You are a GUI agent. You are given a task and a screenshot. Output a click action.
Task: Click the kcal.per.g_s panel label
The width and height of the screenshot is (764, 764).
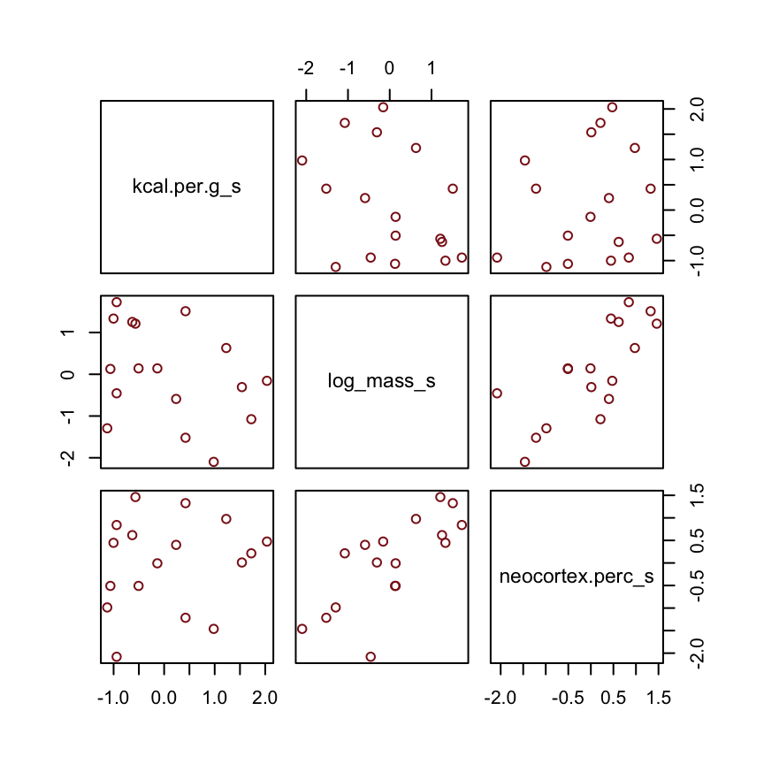(187, 187)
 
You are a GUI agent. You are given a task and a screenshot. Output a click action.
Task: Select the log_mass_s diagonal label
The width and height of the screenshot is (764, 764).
(381, 382)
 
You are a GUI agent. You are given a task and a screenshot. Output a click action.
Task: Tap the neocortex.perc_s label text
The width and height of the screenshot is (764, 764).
(576, 577)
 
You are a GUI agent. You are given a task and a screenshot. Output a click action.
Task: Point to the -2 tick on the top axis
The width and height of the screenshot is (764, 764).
(306, 69)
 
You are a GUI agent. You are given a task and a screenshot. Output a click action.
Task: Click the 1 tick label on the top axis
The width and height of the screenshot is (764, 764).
(431, 69)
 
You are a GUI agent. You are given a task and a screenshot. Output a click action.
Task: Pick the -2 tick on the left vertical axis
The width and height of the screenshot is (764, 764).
(69, 457)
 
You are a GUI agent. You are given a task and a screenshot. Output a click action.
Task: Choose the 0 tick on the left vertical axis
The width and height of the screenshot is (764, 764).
(69, 374)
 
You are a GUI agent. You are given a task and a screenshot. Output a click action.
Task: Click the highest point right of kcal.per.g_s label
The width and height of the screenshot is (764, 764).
(383, 107)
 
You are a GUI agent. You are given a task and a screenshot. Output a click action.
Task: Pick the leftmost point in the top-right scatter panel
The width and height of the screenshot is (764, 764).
(497, 257)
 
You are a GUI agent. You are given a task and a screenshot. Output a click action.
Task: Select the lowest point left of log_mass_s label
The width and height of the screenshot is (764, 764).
(213, 462)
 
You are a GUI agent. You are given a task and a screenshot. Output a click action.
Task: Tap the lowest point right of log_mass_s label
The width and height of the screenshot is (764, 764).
(524, 462)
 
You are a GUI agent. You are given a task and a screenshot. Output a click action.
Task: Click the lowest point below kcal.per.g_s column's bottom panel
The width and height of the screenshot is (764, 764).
(116, 657)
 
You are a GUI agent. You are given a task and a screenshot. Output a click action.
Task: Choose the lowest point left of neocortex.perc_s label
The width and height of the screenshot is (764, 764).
(371, 657)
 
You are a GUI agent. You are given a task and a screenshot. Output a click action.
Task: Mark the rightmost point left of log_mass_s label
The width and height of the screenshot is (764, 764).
(267, 380)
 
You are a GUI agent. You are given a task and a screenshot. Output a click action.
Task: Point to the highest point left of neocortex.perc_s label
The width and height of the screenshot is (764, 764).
(440, 497)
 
